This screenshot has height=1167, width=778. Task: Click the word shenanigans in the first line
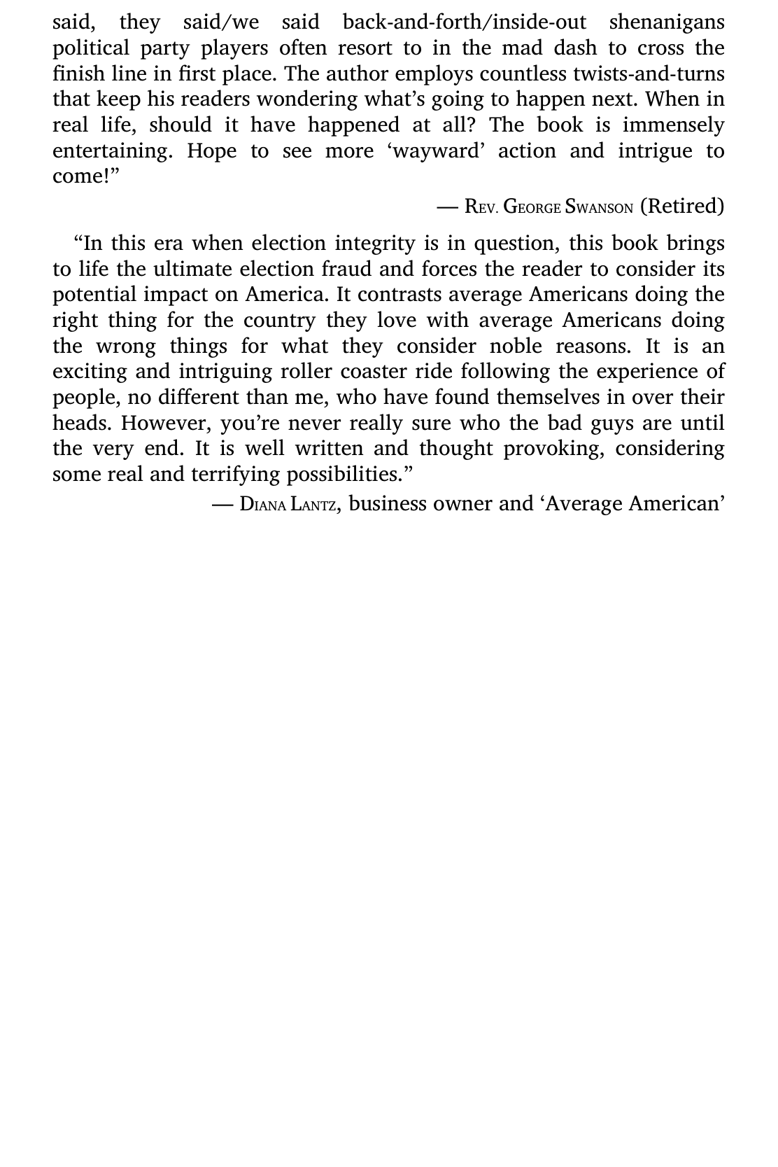(x=667, y=23)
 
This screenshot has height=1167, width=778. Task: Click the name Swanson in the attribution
(x=599, y=207)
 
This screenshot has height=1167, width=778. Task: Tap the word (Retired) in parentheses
(x=682, y=207)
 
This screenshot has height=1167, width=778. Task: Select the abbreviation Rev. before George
(x=481, y=207)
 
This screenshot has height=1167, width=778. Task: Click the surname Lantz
(x=313, y=505)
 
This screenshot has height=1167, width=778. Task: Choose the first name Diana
(x=262, y=505)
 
